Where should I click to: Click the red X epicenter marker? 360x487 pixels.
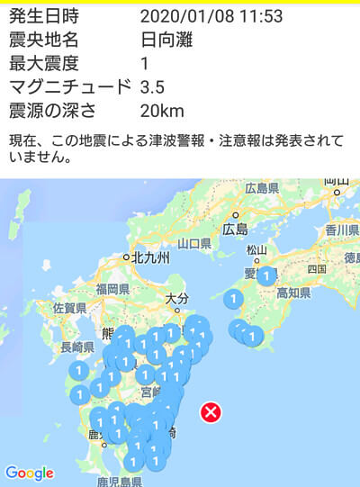click(x=211, y=412)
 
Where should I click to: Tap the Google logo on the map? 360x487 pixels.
click(x=30, y=473)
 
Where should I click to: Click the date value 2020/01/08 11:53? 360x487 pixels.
click(x=211, y=17)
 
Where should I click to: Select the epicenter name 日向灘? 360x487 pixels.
click(x=166, y=41)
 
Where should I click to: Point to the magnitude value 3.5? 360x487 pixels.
click(x=153, y=86)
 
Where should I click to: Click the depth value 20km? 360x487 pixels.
click(x=162, y=110)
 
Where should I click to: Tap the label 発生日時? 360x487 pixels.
click(x=43, y=17)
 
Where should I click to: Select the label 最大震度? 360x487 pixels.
click(x=43, y=63)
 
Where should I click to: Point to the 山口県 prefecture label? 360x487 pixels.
click(x=193, y=244)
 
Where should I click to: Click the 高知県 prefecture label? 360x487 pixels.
click(x=292, y=293)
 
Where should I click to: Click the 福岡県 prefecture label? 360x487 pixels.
click(x=113, y=290)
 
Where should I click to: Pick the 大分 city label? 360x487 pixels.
click(x=178, y=297)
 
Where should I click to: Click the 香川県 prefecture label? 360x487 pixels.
click(x=342, y=230)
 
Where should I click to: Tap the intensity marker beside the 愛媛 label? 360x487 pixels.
click(x=266, y=276)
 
